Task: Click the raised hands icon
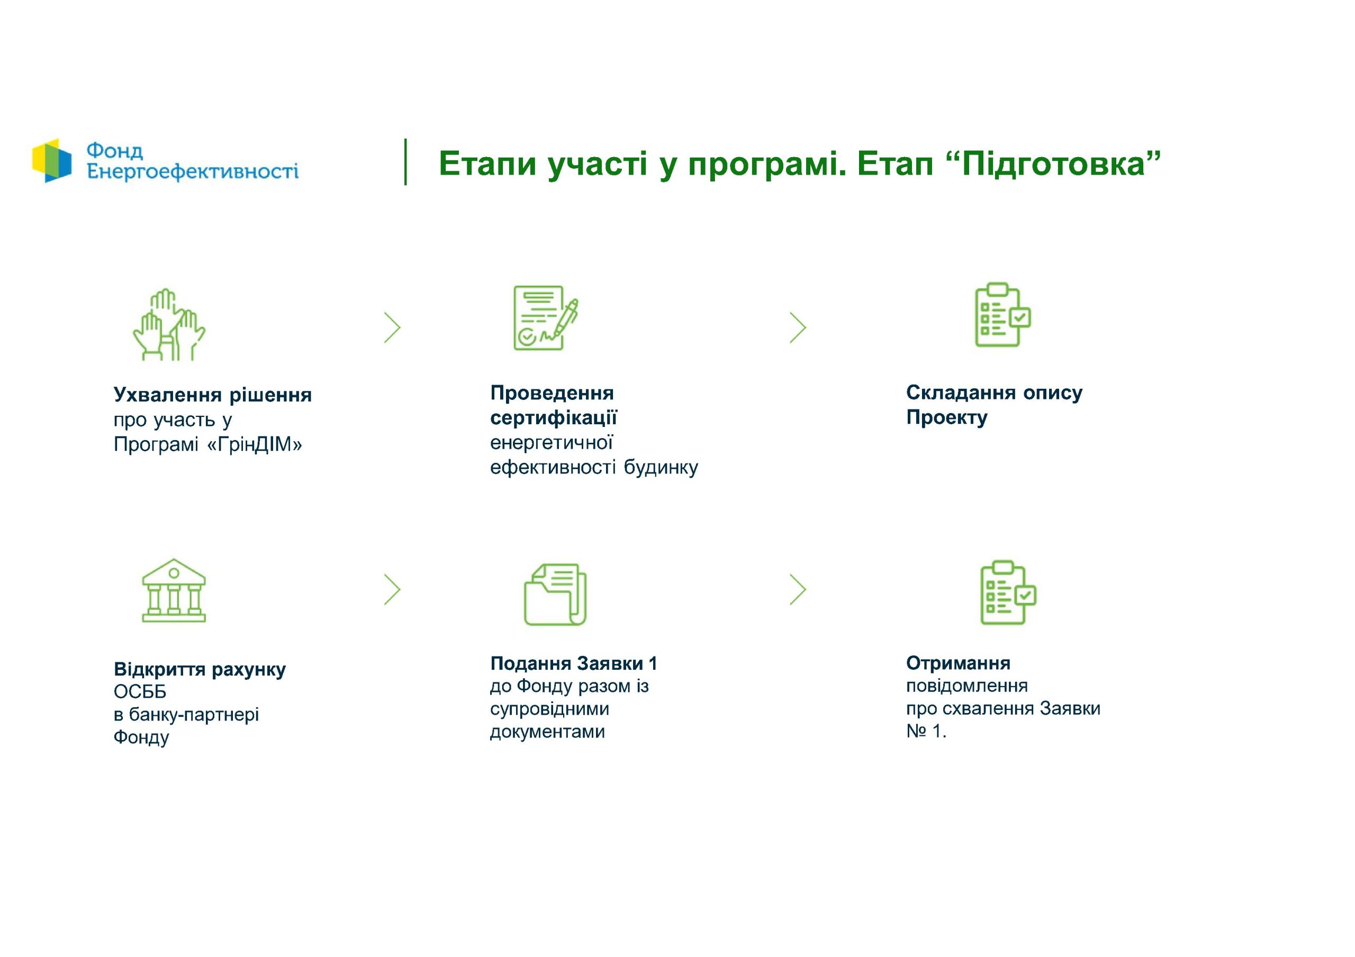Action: click(x=169, y=324)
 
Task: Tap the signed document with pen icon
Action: click(x=546, y=318)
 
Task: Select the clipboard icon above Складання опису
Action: click(x=1002, y=314)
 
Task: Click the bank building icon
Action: click(x=174, y=590)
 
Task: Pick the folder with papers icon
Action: click(x=555, y=594)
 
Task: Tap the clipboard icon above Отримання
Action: click(x=1008, y=593)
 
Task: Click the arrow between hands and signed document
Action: click(x=392, y=327)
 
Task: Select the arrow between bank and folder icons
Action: click(x=392, y=589)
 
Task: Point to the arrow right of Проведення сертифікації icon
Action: click(x=798, y=327)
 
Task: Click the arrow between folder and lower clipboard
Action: click(x=798, y=589)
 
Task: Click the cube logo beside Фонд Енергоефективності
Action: click(x=52, y=160)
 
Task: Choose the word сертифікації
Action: click(x=554, y=418)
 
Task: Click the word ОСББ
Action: click(x=140, y=691)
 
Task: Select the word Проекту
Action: click(x=946, y=418)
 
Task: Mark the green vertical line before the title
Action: click(x=405, y=162)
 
